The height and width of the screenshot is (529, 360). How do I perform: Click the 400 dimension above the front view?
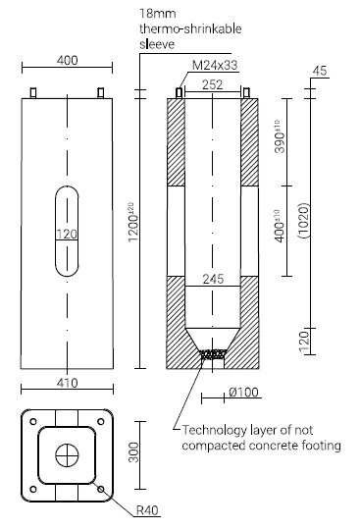tap(67, 61)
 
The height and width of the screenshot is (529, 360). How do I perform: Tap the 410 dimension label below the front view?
tap(68, 383)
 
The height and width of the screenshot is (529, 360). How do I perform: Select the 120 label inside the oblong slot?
tap(67, 234)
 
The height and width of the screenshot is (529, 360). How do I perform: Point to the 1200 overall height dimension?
tap(133, 222)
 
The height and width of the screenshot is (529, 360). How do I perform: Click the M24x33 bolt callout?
tap(215, 65)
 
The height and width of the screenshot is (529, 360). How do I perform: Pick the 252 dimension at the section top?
tap(212, 84)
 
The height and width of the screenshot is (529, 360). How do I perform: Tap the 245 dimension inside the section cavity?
tap(213, 280)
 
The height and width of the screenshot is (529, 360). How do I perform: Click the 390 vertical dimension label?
tap(281, 136)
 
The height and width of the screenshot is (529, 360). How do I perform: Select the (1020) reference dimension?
tap(304, 221)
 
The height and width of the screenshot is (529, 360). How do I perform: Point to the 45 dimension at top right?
tap(320, 71)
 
